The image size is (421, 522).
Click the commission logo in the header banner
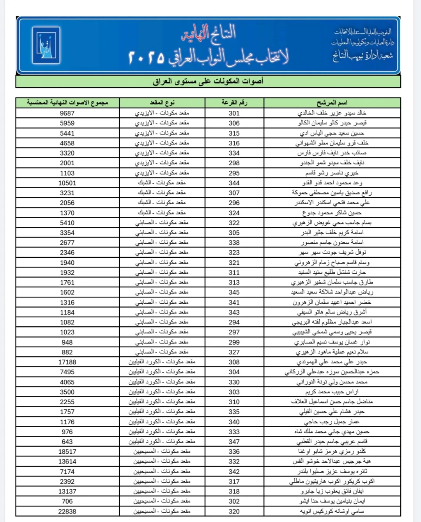tap(46, 45)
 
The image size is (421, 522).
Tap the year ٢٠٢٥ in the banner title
tap(145, 57)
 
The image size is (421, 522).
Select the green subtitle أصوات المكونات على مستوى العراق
tap(208, 81)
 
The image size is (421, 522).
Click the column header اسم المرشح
tap(332, 103)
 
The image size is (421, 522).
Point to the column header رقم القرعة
tap(234, 103)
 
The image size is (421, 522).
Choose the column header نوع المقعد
tap(162, 103)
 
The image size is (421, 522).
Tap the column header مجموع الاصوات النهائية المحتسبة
tap(67, 103)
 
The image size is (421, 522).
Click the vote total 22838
tap(67, 511)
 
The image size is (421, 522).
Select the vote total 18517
tap(67, 451)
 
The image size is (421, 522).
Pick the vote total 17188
tap(67, 362)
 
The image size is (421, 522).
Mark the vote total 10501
tap(67, 183)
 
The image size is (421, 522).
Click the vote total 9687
tap(67, 113)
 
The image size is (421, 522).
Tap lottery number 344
tap(234, 183)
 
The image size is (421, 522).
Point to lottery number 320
tap(234, 511)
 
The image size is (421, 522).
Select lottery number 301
tap(234, 113)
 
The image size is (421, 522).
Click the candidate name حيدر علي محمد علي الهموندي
tap(332, 362)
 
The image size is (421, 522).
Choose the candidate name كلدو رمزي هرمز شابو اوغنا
tap(332, 451)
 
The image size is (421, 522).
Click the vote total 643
tap(67, 442)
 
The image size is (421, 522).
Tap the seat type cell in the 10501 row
tap(162, 183)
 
